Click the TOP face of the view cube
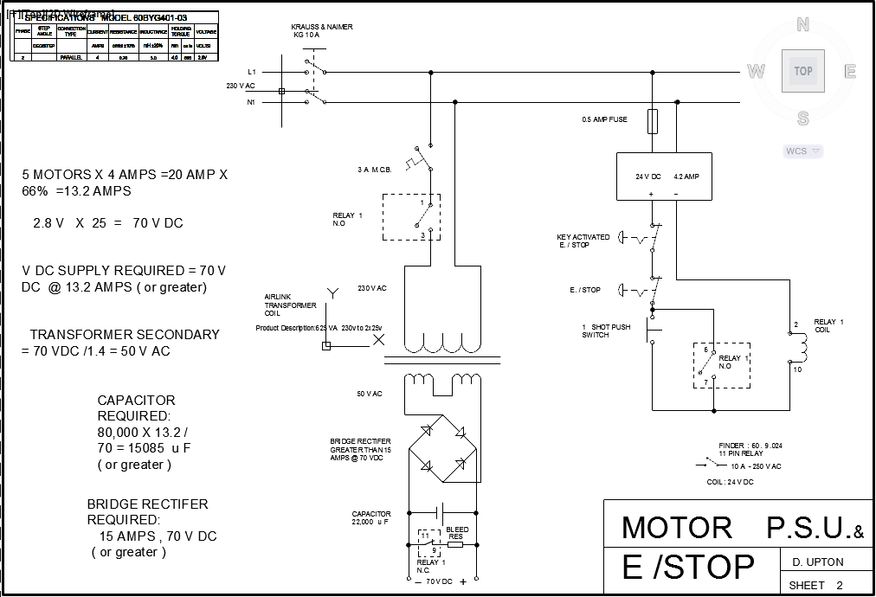coord(802,71)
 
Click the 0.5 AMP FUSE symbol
coord(653,121)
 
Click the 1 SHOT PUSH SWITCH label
coord(606,331)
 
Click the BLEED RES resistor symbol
coord(455,544)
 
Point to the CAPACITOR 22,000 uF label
coord(371,518)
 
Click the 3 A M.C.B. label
coord(374,170)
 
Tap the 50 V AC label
coord(370,394)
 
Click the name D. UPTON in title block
coord(818,562)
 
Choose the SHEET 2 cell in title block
coord(815,586)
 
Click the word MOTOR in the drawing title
coord(676,528)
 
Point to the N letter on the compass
coord(802,24)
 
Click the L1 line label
coord(251,71)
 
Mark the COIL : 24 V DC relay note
coord(730,482)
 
